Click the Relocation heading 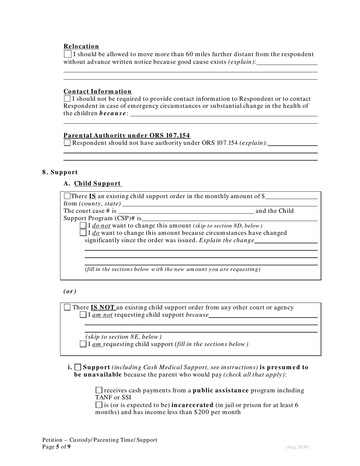[81, 46]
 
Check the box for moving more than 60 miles [67, 55]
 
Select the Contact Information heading [97, 91]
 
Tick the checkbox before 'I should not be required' [67, 99]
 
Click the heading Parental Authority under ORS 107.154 [127, 136]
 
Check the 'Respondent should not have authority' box [67, 143]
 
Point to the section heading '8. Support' [60, 172]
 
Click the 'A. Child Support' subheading [93, 183]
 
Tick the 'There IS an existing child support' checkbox [67, 196]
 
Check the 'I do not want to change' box [83, 226]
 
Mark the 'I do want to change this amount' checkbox [83, 233]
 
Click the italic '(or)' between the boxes [70, 291]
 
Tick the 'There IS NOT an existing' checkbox [67, 308]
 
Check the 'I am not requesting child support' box [83, 315]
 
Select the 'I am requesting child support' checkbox [83, 344]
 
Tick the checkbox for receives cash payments [99, 390]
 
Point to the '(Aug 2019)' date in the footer [297, 447]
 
